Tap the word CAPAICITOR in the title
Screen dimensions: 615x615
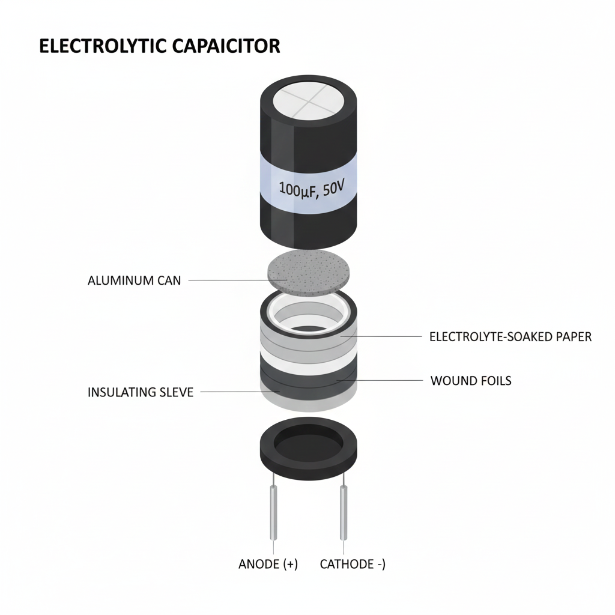coord(230,47)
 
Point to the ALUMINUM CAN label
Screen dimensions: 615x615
coord(134,280)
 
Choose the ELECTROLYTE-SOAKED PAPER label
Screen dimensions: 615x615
coord(510,337)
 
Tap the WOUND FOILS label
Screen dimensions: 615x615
coord(471,381)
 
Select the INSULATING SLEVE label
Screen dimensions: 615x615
coord(141,393)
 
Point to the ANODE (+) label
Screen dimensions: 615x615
coord(268,564)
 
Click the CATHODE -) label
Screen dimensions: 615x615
coord(353,564)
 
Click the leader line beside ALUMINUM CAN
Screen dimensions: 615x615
coord(228,280)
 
